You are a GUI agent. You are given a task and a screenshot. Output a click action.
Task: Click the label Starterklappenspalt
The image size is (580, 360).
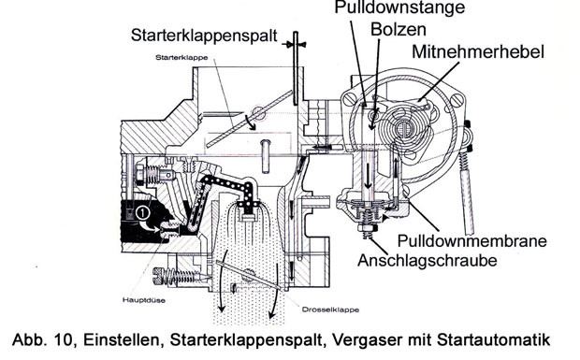204,36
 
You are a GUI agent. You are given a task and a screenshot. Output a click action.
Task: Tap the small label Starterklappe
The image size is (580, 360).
181,58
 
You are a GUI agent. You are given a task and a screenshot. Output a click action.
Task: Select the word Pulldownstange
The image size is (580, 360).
399,7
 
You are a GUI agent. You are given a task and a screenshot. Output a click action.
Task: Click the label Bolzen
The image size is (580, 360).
398,30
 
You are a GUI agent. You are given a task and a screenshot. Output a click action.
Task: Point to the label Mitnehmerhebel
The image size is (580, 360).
478,51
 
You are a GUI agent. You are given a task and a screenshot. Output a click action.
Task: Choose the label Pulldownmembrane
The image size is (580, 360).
472,241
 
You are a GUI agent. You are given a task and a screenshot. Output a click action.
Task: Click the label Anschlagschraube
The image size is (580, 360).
428,260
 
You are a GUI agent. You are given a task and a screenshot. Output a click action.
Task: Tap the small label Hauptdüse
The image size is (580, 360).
144,300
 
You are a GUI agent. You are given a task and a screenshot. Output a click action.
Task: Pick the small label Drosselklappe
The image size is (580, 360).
330,310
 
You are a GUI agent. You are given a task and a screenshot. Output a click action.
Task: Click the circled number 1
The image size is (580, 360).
142,213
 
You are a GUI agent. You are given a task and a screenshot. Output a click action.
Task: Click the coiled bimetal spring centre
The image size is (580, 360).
405,130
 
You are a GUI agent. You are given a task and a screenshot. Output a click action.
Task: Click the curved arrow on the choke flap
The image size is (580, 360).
250,122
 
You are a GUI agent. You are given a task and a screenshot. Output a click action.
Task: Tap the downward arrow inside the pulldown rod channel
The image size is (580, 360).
369,175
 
